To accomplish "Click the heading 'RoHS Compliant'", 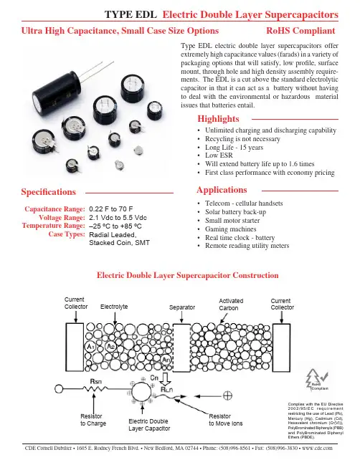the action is click(300, 31).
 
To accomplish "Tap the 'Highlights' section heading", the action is click(218, 119).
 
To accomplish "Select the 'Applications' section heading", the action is click(222, 190).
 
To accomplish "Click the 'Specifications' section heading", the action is click(48, 192).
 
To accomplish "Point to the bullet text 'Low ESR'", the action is click(219, 155).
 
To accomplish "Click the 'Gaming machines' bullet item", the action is click(231, 229).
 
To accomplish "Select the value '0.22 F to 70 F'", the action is click(110, 208).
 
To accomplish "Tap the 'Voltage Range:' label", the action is click(62, 217).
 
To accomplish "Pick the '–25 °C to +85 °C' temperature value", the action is click(115, 226).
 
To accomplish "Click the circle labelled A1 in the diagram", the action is click(90, 346).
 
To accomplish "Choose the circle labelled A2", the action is click(110, 346).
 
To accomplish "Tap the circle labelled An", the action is click(166, 360).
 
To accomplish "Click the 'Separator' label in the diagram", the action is click(182, 307).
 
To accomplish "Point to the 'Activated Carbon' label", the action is click(231, 305).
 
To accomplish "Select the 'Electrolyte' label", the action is click(114, 307).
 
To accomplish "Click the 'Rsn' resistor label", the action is click(95, 381).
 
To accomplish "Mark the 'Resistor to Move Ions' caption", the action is click(226, 420).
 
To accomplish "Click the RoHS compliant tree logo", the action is click(317, 379).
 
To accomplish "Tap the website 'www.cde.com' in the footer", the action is click(317, 448).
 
